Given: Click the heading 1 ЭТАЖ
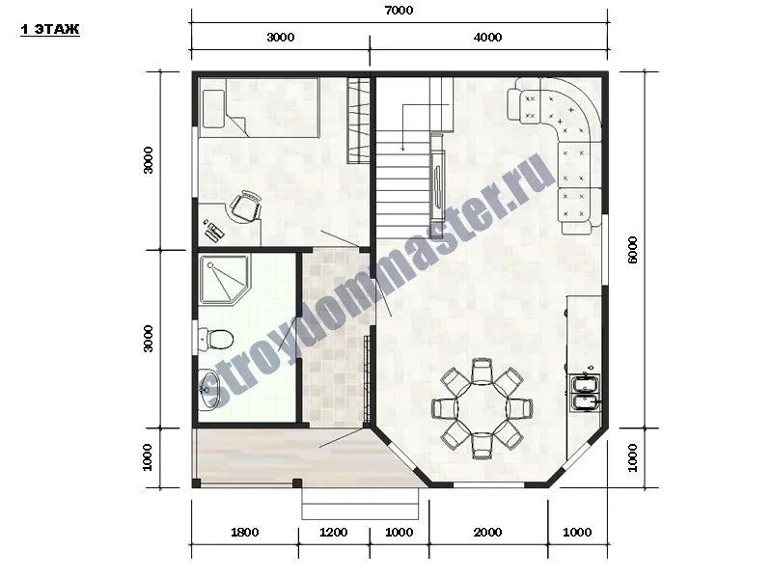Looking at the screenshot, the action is tap(50, 30).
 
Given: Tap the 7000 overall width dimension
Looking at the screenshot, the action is tap(399, 11).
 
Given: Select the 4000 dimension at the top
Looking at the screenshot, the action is tap(487, 38).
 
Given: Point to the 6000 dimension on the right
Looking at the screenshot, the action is tap(633, 250).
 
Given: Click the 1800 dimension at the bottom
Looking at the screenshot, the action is tap(245, 533).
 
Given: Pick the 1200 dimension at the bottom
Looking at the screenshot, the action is tap(333, 533).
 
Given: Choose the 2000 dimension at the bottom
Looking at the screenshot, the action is tap(487, 533).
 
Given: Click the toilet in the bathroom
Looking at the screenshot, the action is tap(215, 340).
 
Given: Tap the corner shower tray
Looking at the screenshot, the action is tap(224, 280).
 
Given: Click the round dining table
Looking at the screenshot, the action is tap(482, 408).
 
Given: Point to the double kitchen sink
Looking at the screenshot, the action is tap(585, 393).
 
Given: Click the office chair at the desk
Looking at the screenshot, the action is tap(246, 206).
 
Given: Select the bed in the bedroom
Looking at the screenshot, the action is tap(259, 107).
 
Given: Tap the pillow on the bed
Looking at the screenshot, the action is tap(213, 109).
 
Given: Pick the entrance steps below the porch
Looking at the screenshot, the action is tap(360, 504).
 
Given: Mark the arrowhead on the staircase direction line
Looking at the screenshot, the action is tap(402, 149).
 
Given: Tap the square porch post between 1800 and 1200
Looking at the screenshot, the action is tap(297, 483).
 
